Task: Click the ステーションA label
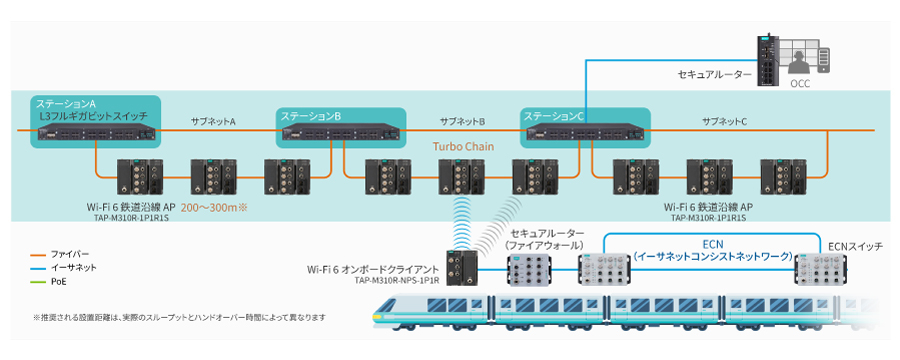[x=66, y=104]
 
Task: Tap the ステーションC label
[x=554, y=116]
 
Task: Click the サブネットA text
[x=213, y=121]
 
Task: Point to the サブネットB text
[x=462, y=121]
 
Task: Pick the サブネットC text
[x=725, y=121]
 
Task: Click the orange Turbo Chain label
[x=462, y=145]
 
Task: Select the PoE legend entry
[x=61, y=281]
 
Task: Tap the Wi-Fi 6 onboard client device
[x=461, y=269]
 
